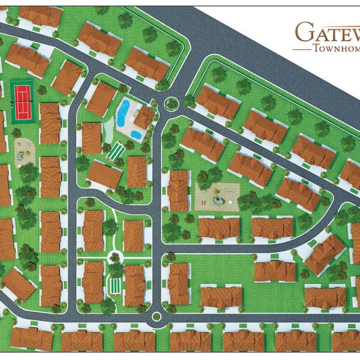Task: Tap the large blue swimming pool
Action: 124,112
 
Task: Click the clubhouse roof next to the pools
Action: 143,118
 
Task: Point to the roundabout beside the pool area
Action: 170,103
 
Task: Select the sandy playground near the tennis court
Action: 23,149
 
